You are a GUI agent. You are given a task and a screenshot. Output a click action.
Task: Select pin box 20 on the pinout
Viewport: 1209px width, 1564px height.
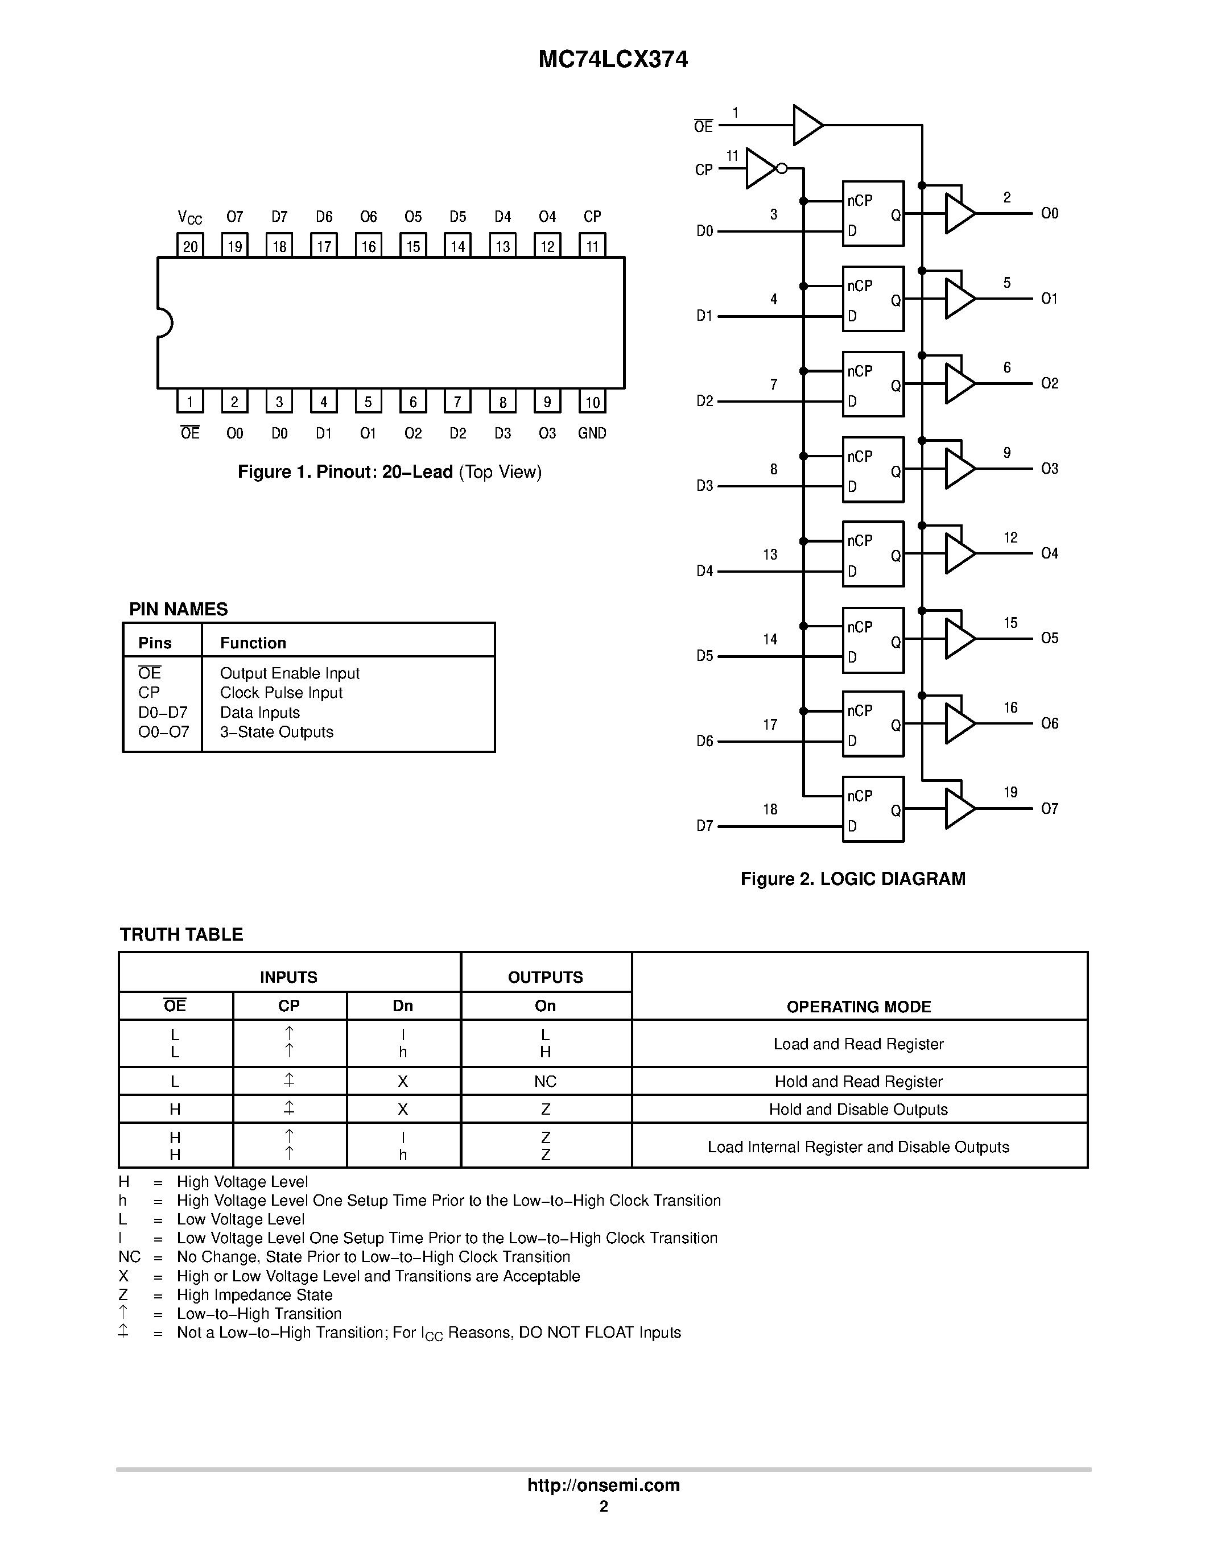pyautogui.click(x=190, y=246)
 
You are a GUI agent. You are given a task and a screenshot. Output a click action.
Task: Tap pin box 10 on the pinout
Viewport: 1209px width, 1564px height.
pyautogui.click(x=592, y=402)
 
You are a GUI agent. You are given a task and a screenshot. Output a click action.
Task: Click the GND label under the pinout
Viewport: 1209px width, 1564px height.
pyautogui.click(x=592, y=433)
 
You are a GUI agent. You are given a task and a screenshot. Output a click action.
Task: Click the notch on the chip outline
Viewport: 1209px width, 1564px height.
pyautogui.click(x=164, y=322)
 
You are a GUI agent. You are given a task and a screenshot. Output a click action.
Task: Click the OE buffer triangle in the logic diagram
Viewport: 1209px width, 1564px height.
pyautogui.click(x=807, y=125)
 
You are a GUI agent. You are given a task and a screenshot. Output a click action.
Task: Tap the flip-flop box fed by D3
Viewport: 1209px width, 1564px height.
pyautogui.click(x=872, y=469)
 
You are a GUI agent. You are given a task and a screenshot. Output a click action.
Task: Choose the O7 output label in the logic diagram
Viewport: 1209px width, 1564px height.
pyautogui.click(x=1049, y=809)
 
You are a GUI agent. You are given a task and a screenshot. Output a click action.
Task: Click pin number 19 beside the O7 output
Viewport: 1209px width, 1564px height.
pyautogui.click(x=1010, y=792)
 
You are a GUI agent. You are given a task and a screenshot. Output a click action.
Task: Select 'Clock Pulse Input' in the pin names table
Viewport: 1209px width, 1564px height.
pyautogui.click(x=280, y=693)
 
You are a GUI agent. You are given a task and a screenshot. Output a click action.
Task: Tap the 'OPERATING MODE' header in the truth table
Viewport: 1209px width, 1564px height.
pyautogui.click(x=858, y=1007)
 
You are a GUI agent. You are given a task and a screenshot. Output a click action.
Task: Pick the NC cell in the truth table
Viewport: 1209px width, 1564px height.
pyautogui.click(x=545, y=1081)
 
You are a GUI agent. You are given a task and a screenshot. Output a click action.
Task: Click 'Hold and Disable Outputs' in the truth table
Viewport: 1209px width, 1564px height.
pyautogui.click(x=858, y=1109)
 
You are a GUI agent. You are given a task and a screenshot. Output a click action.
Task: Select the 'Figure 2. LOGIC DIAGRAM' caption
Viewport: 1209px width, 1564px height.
pyautogui.click(x=852, y=879)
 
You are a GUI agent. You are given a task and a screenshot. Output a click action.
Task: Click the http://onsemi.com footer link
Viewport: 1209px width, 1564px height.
pyautogui.click(x=603, y=1485)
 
